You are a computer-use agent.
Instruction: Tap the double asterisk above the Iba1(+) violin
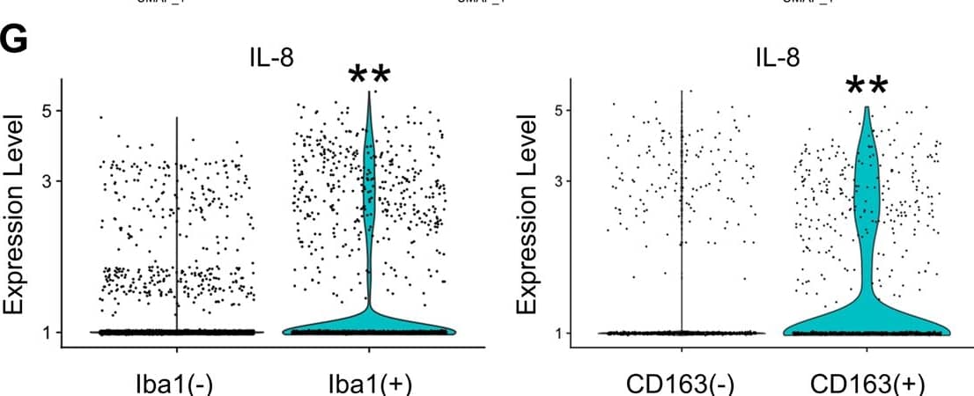click(x=369, y=77)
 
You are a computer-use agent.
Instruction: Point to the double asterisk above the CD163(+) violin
click(x=867, y=86)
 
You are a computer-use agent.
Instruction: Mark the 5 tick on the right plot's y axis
click(x=557, y=110)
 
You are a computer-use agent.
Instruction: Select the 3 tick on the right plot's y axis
click(x=557, y=181)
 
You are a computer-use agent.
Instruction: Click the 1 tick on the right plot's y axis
click(x=557, y=332)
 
